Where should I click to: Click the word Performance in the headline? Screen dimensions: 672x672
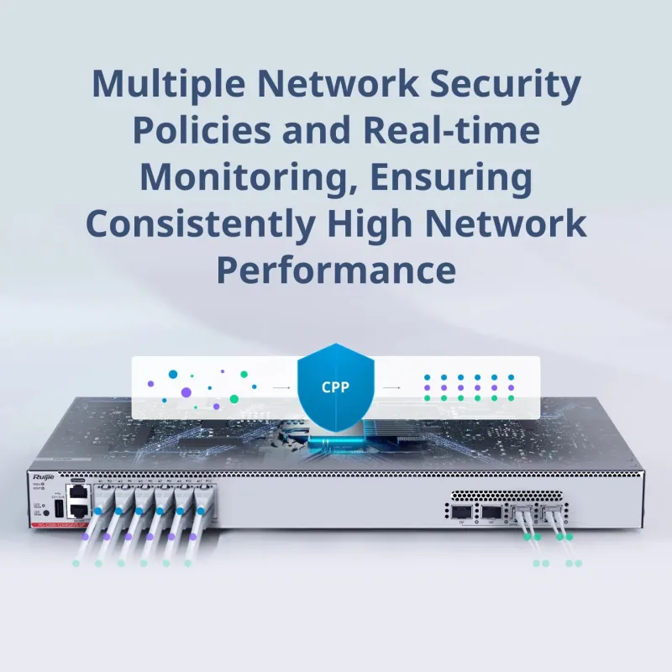[336, 270]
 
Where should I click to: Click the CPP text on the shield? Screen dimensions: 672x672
[335, 388]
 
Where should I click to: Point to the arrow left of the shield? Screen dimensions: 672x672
[281, 388]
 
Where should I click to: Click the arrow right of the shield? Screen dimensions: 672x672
[391, 388]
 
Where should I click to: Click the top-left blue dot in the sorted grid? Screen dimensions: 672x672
[427, 377]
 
